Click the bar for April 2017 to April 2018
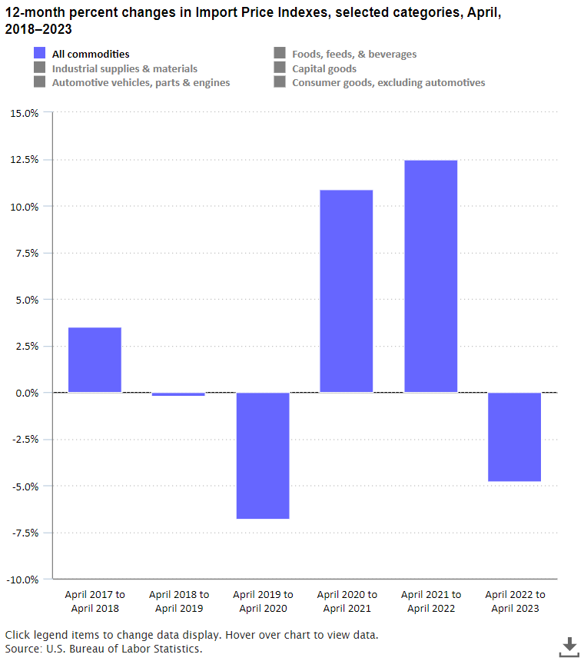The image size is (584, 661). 95,360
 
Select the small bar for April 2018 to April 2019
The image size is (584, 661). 178,394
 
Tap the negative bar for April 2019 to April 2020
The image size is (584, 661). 263,455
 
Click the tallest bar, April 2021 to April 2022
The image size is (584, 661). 430,276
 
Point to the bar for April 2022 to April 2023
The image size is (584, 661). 514,437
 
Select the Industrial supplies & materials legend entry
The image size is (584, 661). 116,68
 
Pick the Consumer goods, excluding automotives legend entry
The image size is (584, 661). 380,82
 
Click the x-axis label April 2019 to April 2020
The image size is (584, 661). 263,601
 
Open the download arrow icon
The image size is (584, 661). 569,646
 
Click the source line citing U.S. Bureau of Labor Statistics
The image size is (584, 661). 104,649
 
